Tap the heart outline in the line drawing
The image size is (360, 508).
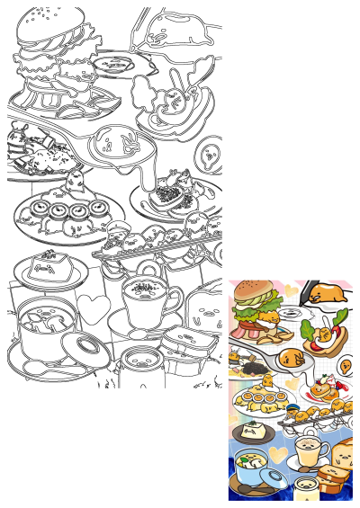click(92, 308)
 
